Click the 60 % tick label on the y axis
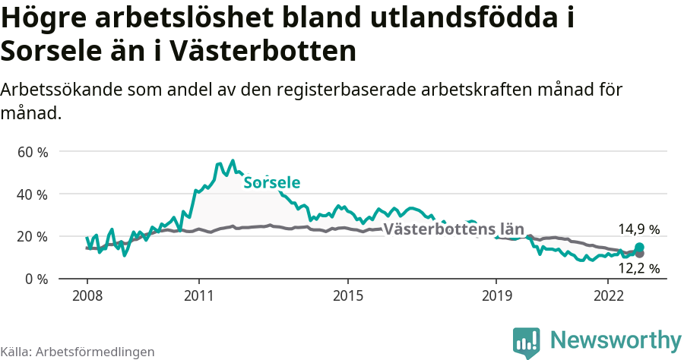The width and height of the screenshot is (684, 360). coord(33,152)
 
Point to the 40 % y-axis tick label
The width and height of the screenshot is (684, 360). coord(33,194)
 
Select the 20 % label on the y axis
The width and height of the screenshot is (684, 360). coord(33,236)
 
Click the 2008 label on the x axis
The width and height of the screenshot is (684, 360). coord(87,295)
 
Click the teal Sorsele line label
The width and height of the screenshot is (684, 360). coord(271,183)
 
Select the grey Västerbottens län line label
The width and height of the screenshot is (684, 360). coord(454,229)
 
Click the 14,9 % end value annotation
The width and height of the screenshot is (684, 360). coord(638,229)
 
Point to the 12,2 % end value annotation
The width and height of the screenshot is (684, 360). coord(638,268)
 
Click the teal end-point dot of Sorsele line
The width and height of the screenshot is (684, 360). coord(639,248)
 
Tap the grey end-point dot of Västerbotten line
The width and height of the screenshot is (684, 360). coord(639,254)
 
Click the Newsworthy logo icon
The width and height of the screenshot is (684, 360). coord(527,341)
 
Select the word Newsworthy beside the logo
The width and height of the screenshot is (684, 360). coord(616,339)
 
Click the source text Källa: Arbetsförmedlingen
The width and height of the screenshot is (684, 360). coord(78,352)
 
